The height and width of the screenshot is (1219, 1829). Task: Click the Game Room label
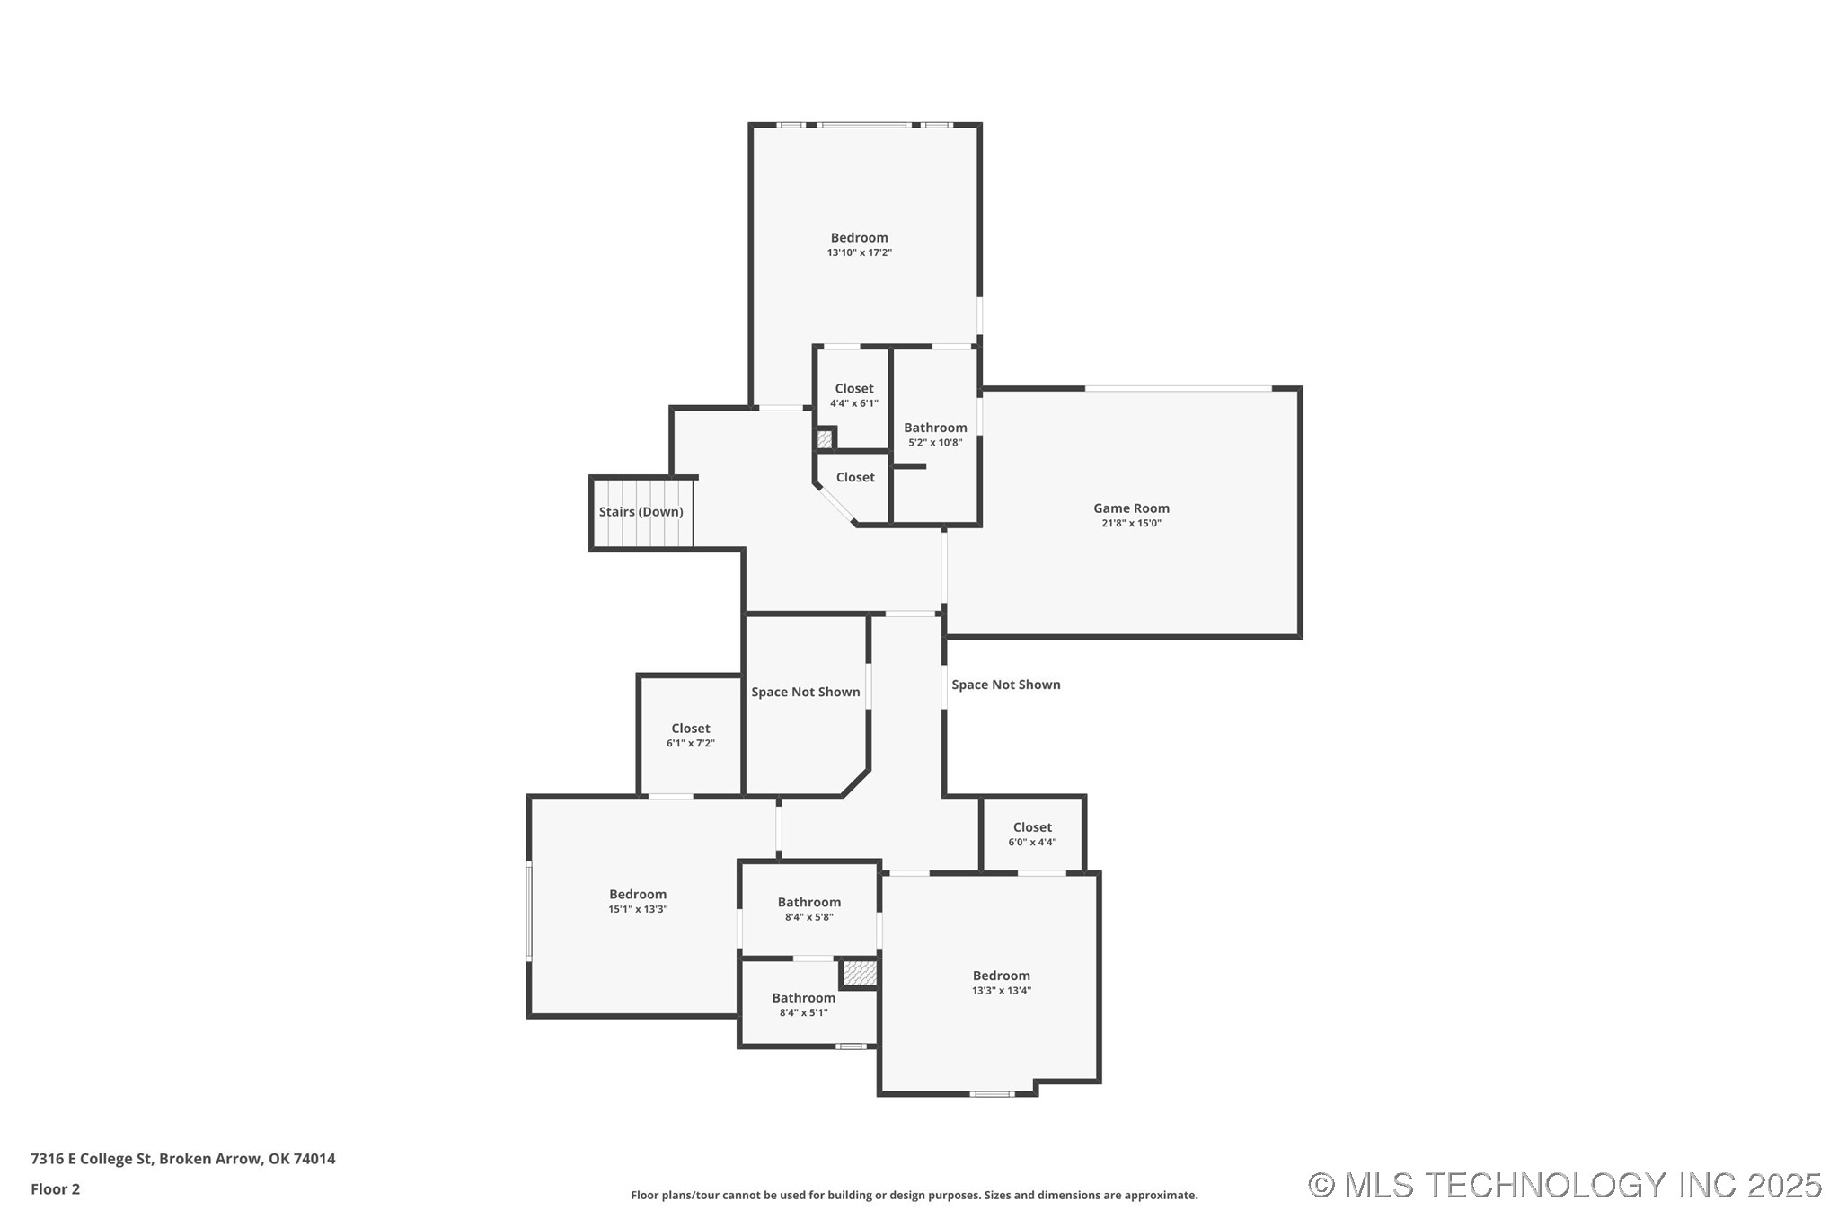tap(1130, 508)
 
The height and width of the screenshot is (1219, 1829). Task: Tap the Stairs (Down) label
tap(641, 512)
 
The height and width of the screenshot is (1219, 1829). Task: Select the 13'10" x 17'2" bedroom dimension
tap(859, 253)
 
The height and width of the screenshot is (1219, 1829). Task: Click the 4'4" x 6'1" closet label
tap(853, 389)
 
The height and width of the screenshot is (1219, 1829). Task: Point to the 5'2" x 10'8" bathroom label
tap(934, 428)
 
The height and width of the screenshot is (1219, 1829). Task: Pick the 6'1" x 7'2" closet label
tap(690, 729)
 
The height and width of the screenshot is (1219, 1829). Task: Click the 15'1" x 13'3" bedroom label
tap(637, 895)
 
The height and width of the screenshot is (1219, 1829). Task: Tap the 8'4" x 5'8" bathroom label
tap(808, 903)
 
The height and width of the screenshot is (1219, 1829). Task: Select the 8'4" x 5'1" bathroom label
tap(803, 998)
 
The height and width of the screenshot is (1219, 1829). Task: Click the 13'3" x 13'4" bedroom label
tap(1001, 976)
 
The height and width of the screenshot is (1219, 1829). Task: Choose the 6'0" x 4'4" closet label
tap(1031, 828)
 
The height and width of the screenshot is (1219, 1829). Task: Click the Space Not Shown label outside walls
tap(1005, 685)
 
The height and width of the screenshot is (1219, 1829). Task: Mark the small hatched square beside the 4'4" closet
tap(824, 440)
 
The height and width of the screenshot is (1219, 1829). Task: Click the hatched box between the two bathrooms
tap(859, 973)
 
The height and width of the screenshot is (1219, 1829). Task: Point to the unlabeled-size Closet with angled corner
tap(854, 478)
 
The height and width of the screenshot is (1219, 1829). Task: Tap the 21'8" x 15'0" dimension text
tap(1130, 524)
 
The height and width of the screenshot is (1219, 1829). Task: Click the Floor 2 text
tap(55, 1189)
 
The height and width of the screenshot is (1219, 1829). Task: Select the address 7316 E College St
tap(182, 1159)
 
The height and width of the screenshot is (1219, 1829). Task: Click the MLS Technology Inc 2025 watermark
tap(1564, 1185)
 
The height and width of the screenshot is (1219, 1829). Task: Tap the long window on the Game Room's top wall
tap(1178, 389)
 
